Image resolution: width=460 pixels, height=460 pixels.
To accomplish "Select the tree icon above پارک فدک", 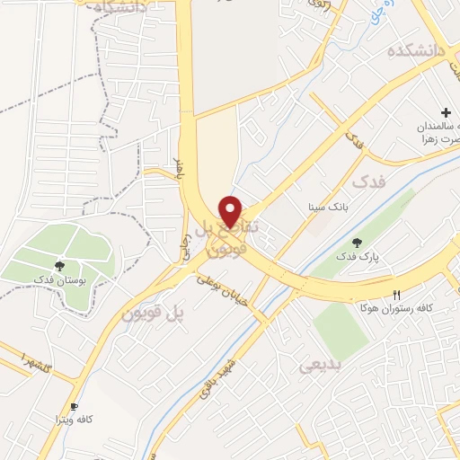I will (358, 242).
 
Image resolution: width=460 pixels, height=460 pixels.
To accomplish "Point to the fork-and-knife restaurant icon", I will (397, 295).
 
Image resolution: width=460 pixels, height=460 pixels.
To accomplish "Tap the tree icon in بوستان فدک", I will (59, 265).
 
